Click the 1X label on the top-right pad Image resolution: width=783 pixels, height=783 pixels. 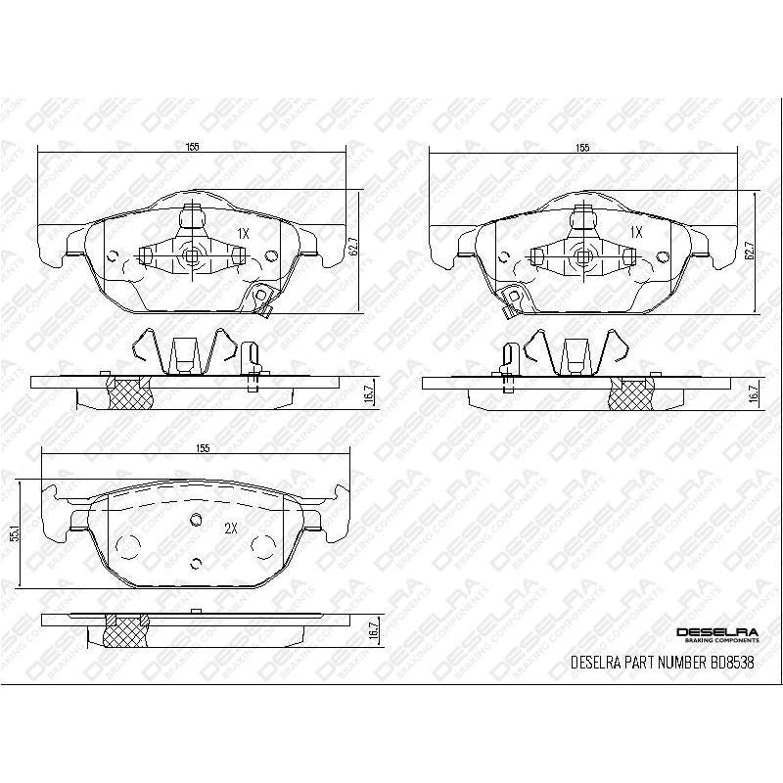coord(636,233)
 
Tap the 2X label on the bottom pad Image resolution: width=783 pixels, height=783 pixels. coord(232,528)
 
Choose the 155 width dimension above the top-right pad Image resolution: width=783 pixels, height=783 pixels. coord(583,147)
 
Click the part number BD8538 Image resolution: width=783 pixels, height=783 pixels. coord(730,663)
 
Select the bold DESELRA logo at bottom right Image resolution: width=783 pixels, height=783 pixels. coord(715,633)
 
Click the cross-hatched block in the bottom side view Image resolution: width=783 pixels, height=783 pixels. coord(127,633)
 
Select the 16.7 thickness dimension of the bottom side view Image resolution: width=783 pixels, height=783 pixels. coord(372,633)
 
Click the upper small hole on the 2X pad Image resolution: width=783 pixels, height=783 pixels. coord(195,520)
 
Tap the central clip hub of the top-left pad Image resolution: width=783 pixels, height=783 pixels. coord(192,256)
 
